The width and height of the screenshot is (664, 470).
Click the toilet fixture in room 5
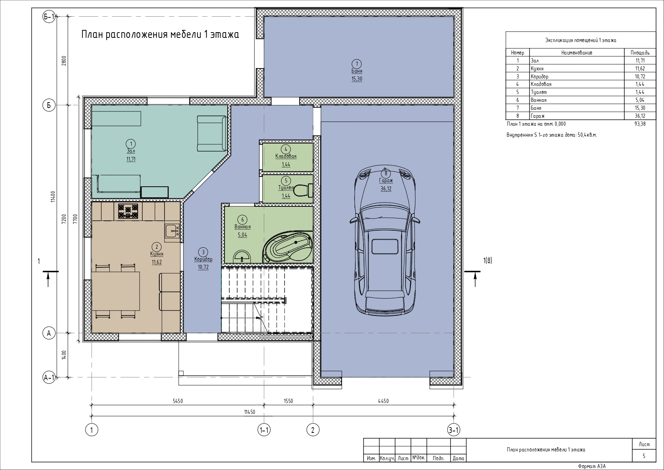(x=304, y=190)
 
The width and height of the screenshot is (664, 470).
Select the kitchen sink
(x=172, y=231)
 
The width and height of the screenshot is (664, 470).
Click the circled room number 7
(x=356, y=64)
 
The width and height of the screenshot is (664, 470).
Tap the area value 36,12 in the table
(x=640, y=116)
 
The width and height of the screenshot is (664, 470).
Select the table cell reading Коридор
(x=540, y=77)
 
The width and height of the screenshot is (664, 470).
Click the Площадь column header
(x=640, y=53)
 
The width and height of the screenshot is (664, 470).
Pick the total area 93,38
(x=640, y=124)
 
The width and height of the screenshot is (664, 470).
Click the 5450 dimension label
(x=177, y=401)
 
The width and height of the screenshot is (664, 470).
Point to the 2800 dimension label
(x=64, y=61)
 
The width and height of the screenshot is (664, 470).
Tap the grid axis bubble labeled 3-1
(x=454, y=430)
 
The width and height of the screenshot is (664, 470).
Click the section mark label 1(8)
(x=487, y=261)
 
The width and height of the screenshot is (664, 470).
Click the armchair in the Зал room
(x=212, y=134)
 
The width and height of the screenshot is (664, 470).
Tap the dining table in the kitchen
(x=116, y=291)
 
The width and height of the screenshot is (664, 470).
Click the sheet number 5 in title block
(x=644, y=456)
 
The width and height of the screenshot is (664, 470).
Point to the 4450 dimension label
(x=383, y=401)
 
